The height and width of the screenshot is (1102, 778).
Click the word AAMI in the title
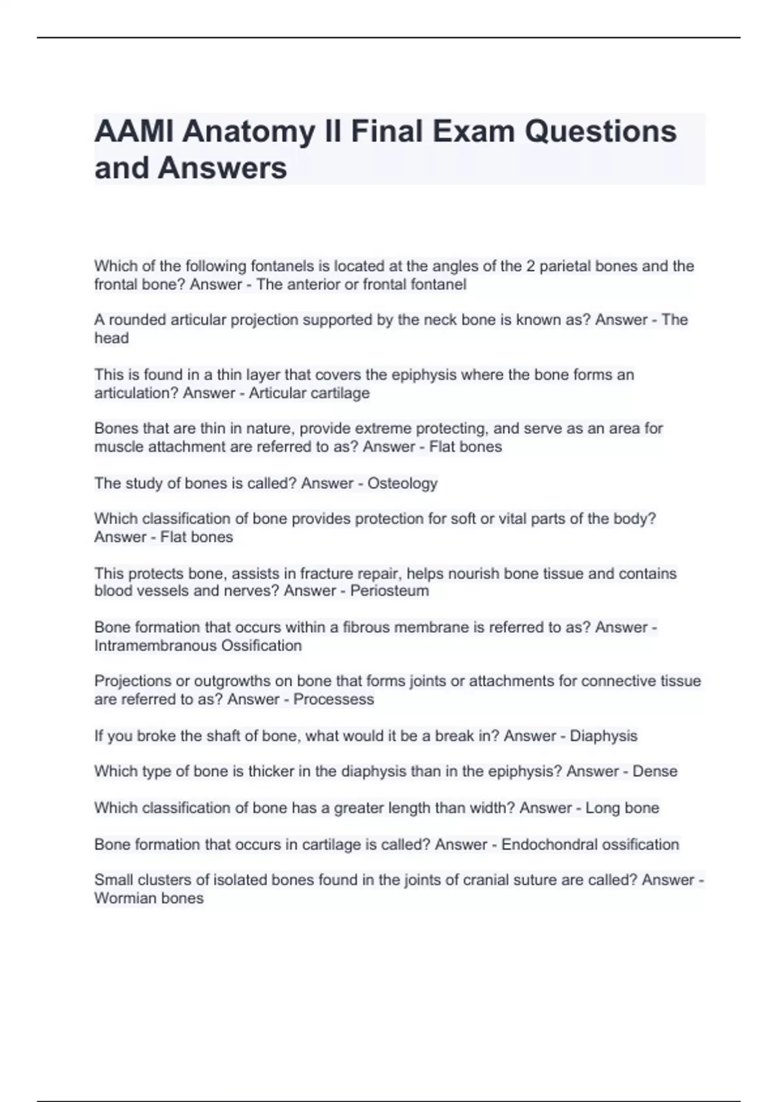point(134,132)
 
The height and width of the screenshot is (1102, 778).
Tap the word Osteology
point(402,484)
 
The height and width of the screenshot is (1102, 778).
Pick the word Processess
point(333,699)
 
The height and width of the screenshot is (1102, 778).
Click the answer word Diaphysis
point(603,736)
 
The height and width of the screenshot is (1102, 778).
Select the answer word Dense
point(655,771)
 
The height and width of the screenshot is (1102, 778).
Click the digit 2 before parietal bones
point(530,266)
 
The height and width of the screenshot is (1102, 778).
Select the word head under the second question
point(112,338)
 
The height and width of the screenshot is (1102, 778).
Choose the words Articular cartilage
point(309,393)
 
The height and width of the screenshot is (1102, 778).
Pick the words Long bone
point(622,808)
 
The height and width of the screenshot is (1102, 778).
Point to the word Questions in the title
point(600,132)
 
